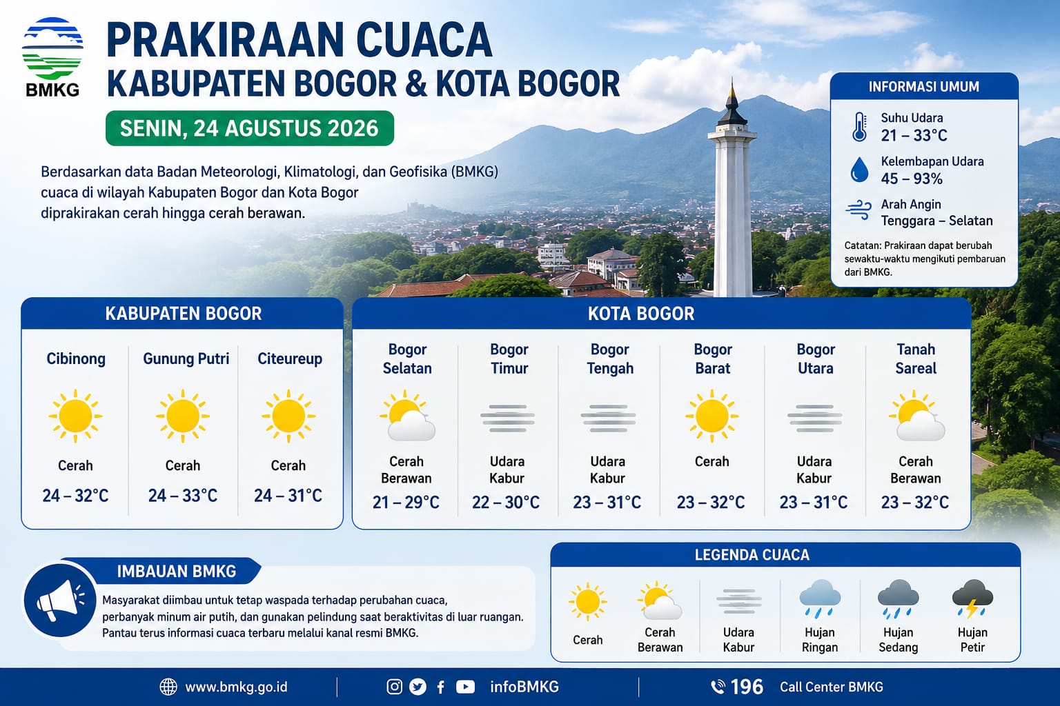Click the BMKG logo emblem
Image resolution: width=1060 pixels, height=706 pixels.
point(52,48)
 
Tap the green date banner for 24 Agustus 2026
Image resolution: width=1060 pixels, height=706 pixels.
point(249,128)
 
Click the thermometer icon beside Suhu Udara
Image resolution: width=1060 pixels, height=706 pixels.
point(859,127)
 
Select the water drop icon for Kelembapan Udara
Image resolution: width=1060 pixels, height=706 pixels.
point(859,170)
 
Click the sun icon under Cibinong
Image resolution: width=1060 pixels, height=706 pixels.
point(75,416)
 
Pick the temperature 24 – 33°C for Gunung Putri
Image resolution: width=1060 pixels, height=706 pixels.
point(183,496)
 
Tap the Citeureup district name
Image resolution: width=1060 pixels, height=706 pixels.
point(290,359)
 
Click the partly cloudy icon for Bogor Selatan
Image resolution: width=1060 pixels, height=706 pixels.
point(407,416)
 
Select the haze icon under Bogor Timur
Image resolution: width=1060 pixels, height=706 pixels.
point(508,418)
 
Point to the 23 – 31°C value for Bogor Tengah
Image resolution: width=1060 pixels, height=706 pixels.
point(607,502)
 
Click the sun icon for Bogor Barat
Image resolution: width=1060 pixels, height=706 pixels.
point(711,416)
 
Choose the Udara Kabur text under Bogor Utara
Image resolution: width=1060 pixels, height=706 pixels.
point(814,470)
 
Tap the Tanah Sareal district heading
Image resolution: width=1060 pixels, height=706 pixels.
point(916,359)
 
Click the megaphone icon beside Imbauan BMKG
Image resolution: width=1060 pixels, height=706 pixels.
point(60,601)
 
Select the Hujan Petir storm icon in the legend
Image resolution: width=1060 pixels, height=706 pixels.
point(972,599)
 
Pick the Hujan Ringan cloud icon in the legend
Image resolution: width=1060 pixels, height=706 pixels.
point(820,599)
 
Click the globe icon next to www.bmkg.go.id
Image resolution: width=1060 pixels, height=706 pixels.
point(168,687)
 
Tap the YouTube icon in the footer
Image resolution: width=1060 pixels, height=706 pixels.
point(465,687)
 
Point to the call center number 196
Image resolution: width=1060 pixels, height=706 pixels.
point(747,687)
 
